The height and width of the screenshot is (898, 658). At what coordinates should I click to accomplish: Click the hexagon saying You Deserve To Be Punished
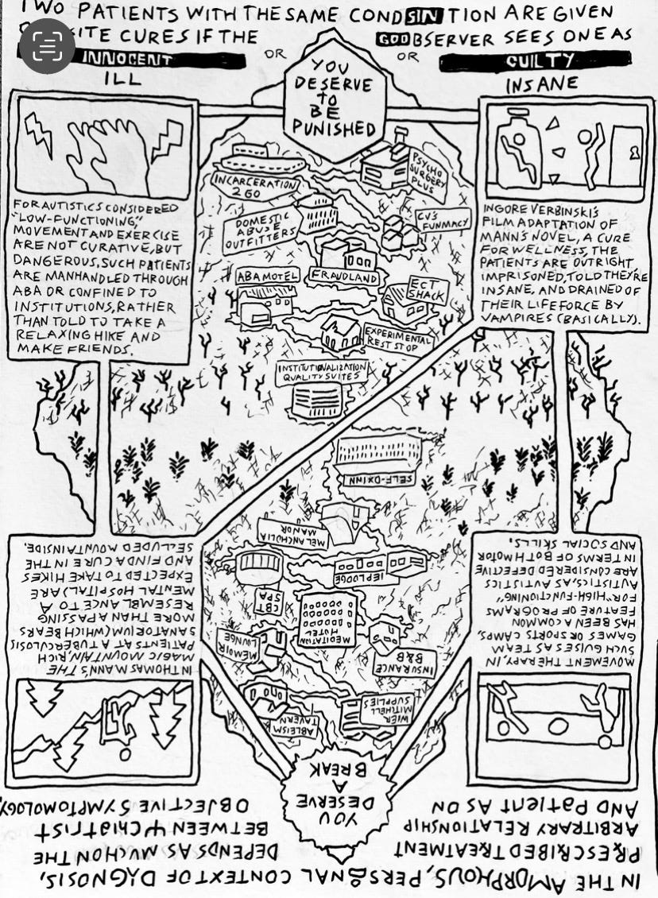click(332, 101)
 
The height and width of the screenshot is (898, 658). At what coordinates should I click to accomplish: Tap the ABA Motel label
click(267, 277)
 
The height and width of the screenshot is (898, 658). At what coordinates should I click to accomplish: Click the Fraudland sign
click(345, 274)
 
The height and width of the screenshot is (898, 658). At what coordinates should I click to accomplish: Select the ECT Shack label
click(427, 289)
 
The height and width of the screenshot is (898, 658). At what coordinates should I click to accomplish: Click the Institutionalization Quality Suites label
click(322, 373)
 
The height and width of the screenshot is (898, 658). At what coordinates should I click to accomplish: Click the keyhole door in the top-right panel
click(626, 152)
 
